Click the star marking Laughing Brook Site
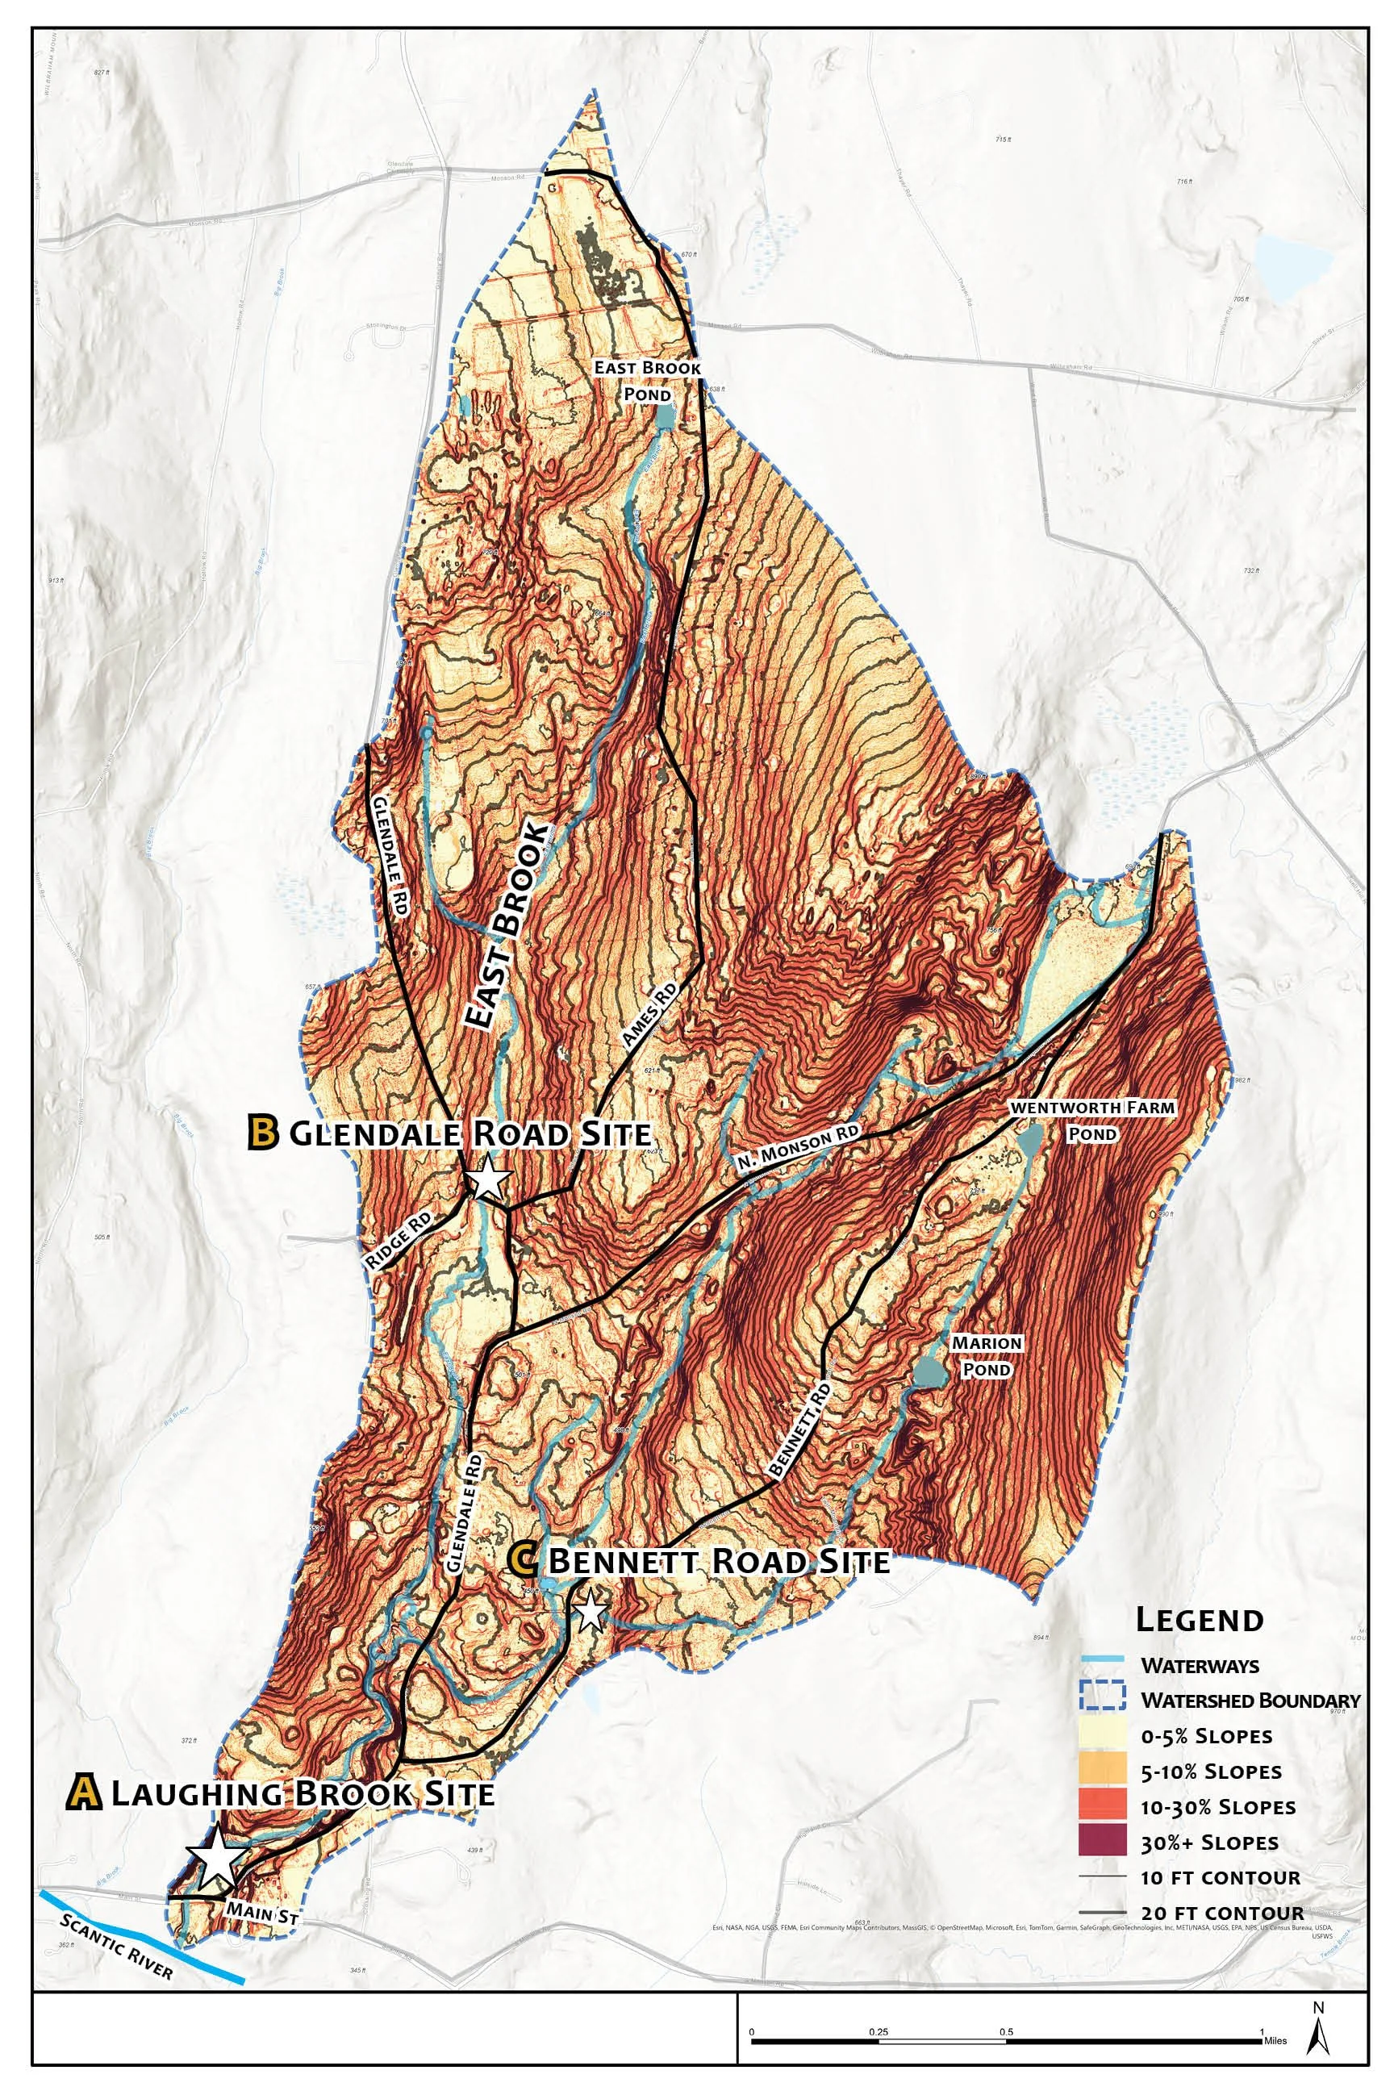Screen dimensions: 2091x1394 [215, 1856]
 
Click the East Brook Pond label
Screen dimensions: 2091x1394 [647, 381]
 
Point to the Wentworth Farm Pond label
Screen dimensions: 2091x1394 [1091, 1121]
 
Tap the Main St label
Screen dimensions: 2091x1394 [261, 1910]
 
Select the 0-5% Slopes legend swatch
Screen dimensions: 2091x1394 [1103, 1735]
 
